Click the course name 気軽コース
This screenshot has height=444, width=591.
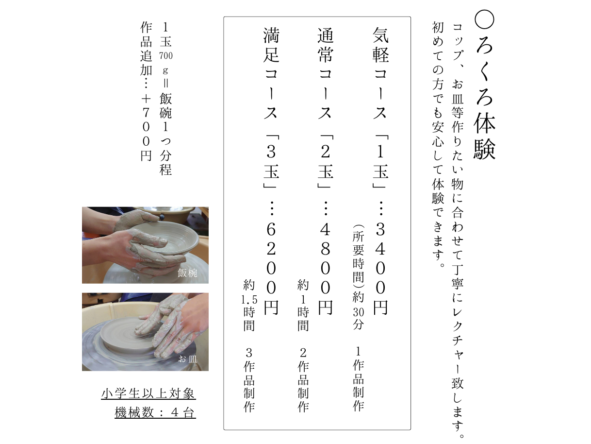(380, 73)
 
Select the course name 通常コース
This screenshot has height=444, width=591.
(326, 73)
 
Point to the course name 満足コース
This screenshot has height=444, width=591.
(271, 73)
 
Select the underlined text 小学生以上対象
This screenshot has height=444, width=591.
(148, 393)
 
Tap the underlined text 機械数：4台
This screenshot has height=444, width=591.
(155, 413)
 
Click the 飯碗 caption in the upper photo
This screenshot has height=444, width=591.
(188, 273)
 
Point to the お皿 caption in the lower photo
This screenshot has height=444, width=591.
(188, 359)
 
